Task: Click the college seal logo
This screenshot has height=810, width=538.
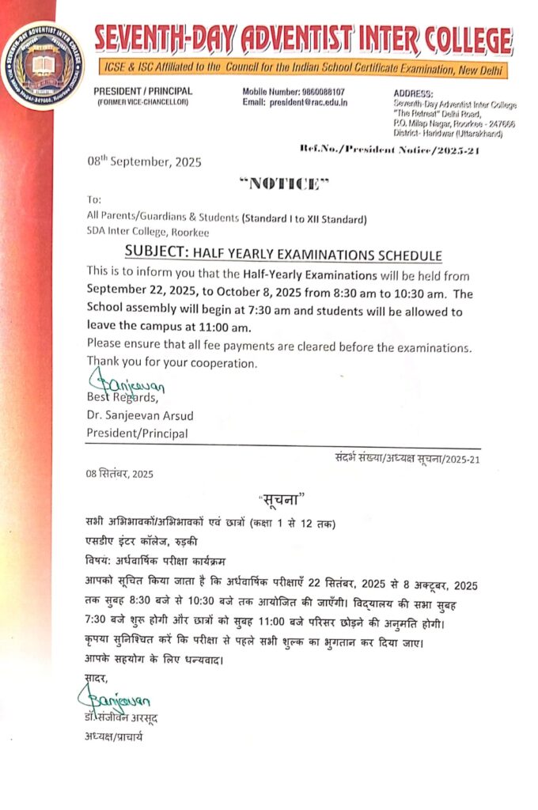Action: click(x=44, y=66)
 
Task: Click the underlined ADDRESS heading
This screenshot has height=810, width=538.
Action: click(x=413, y=93)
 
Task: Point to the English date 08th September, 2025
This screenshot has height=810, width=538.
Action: click(x=144, y=162)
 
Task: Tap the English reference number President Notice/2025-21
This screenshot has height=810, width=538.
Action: click(x=389, y=150)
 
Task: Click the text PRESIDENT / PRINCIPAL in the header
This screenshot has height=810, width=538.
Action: click(x=142, y=92)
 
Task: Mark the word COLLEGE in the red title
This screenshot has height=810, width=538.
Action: click(x=467, y=40)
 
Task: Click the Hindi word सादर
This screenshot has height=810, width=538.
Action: click(x=96, y=676)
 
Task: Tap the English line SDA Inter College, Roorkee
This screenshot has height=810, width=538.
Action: click(x=148, y=231)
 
